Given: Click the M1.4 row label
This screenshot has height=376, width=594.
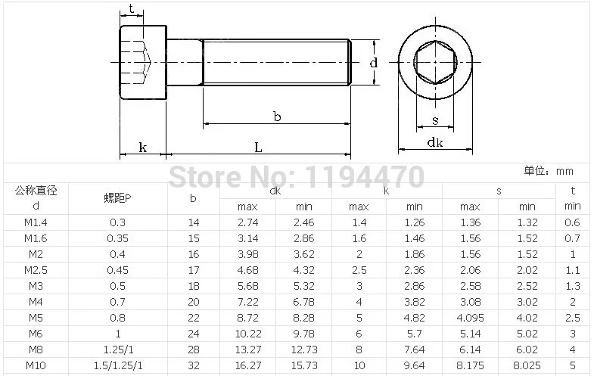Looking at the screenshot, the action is click(36, 222).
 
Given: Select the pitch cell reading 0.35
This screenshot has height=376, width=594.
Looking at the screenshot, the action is click(117, 238).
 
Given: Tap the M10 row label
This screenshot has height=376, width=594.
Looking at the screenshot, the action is click(36, 365).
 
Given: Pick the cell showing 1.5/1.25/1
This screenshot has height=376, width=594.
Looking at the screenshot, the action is click(118, 365).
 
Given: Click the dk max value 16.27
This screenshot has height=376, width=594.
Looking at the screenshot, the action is click(247, 365).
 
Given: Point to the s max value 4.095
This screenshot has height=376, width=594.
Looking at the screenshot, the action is click(470, 318).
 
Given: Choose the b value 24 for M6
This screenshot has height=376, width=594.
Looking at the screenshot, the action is click(193, 334).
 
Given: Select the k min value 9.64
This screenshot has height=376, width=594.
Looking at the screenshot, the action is click(415, 365).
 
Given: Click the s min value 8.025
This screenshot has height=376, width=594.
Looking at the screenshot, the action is click(527, 365).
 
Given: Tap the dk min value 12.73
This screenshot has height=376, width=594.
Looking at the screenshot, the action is click(304, 350).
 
